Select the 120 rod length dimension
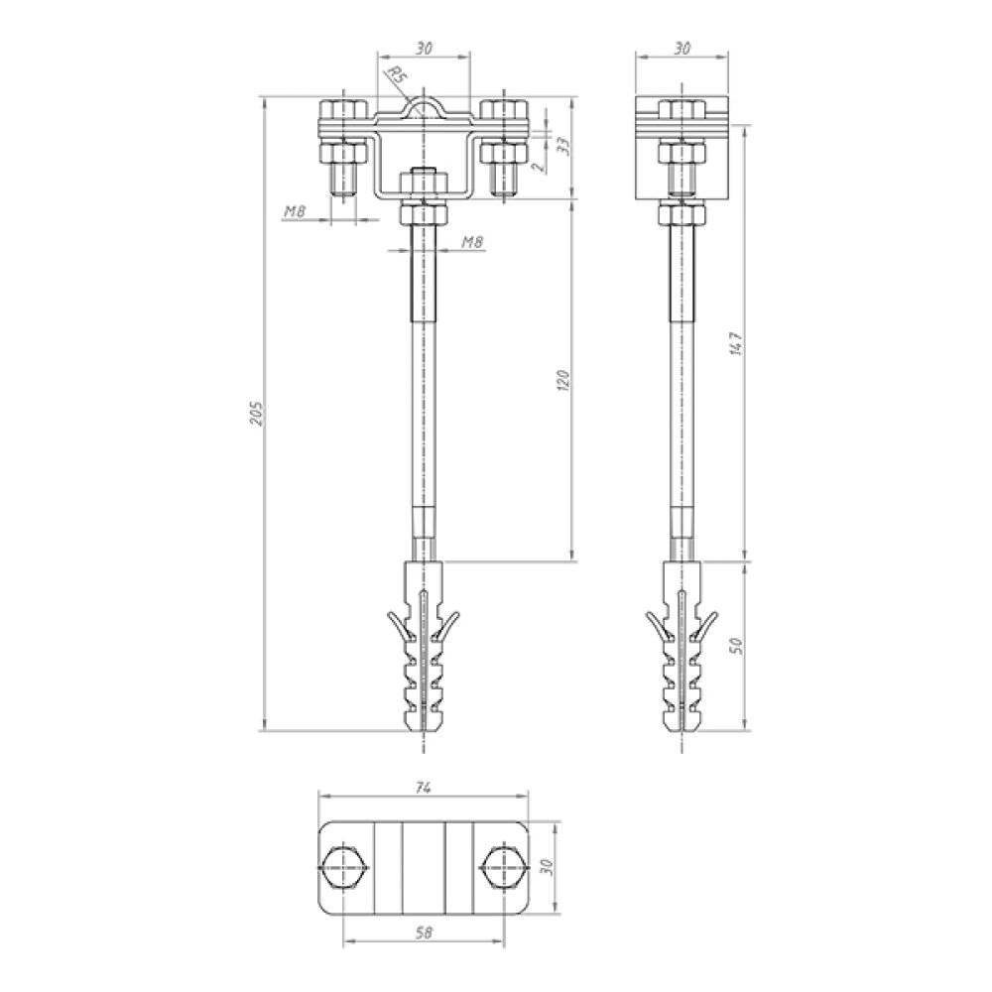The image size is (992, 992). click(565, 380)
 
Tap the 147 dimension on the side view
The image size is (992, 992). click(737, 343)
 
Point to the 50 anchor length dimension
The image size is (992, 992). click(736, 646)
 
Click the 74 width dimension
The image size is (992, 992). click(424, 788)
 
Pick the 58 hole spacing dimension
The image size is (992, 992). click(425, 932)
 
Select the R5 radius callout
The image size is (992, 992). click(396, 76)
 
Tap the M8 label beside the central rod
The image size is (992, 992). click(472, 242)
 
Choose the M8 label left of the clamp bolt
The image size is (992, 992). click(295, 212)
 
